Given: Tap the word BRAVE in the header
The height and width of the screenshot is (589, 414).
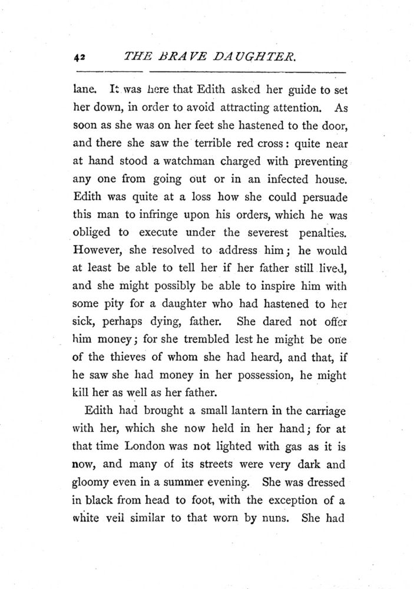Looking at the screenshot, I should click(177, 57).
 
